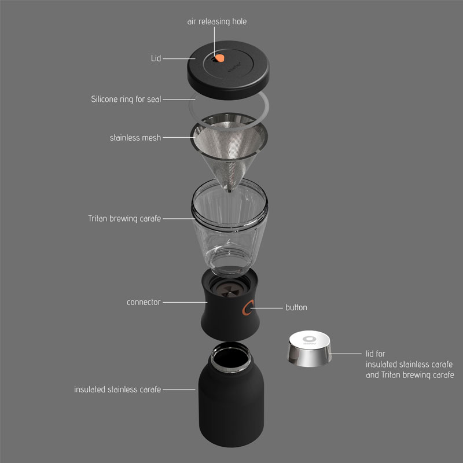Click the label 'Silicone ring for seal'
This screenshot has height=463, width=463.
click(126, 99)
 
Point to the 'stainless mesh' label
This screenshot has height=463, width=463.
click(135, 138)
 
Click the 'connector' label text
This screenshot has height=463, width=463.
click(144, 302)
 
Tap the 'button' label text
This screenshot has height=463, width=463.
click(296, 307)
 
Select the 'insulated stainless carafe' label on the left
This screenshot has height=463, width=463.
click(117, 389)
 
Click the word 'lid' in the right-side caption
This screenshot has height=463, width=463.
click(372, 353)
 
